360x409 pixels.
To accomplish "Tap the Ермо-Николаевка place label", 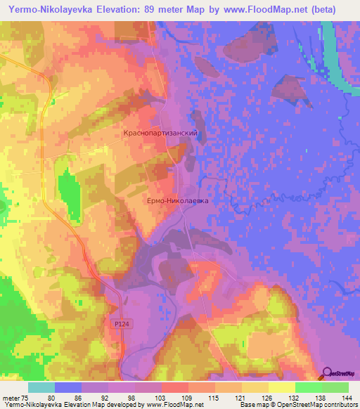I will click(x=179, y=200).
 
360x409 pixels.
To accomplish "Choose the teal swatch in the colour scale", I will click(x=41, y=387).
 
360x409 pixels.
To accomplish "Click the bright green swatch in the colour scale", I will click(x=309, y=387).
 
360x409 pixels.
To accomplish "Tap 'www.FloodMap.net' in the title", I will click(x=264, y=9).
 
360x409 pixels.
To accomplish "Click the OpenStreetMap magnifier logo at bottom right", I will click(x=326, y=372).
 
